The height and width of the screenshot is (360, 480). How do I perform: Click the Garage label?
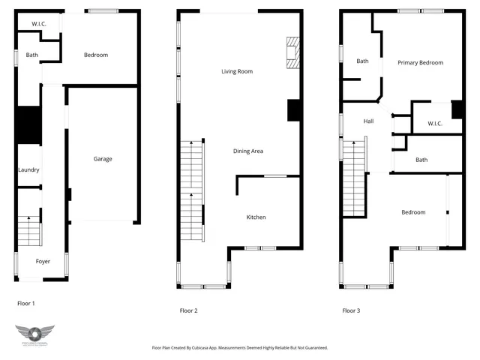coord(103,159)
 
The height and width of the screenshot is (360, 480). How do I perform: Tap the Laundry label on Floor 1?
coord(28,170)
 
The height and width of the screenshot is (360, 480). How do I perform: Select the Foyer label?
coord(43,262)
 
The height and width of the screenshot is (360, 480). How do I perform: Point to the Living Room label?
coord(236,72)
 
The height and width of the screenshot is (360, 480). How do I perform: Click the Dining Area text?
coord(247,151)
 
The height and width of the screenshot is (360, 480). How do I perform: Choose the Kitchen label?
coord(256,217)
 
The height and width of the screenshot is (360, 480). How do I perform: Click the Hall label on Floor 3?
coord(368,121)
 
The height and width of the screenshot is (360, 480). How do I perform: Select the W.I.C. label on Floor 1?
coord(39,24)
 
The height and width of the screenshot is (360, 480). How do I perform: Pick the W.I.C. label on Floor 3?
coord(435,124)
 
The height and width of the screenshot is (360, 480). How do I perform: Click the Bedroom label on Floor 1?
coord(95,55)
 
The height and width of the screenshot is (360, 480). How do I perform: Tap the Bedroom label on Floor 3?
coord(412,212)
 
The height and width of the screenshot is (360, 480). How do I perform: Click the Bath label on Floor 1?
coord(32,55)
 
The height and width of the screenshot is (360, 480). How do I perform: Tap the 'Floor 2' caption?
coord(188,310)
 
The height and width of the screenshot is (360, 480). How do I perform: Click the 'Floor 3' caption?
coord(351,310)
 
